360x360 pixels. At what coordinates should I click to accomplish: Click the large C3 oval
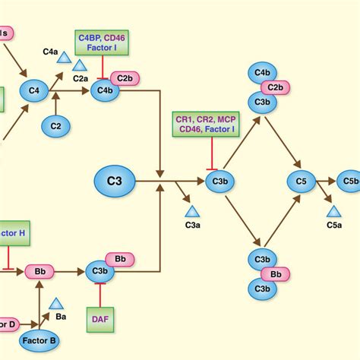[x=115, y=182]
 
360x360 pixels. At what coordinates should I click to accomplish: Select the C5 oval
[x=301, y=182]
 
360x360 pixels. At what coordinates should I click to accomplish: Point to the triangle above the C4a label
[x=65, y=57]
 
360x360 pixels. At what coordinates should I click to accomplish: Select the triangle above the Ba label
[x=55, y=304]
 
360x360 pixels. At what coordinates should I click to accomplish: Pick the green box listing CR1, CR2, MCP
[x=206, y=126]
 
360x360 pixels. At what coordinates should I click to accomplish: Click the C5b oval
[x=349, y=182]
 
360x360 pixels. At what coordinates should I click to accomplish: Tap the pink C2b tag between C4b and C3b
[x=275, y=88]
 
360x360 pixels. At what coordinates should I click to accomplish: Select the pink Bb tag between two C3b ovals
[x=275, y=275]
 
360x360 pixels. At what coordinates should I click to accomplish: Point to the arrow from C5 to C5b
[x=326, y=182]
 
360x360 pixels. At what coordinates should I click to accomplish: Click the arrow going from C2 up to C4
[x=55, y=108]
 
